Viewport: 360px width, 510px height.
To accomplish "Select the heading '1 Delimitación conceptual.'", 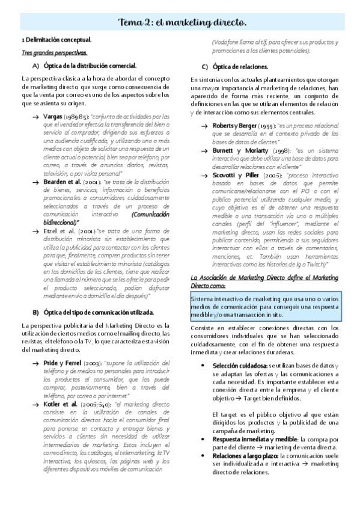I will (56, 40).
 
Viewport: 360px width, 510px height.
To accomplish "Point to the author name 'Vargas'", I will (53, 115).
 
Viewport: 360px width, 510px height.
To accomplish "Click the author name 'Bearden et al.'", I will (64, 180).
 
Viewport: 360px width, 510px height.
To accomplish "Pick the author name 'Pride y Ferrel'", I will (64, 363).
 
